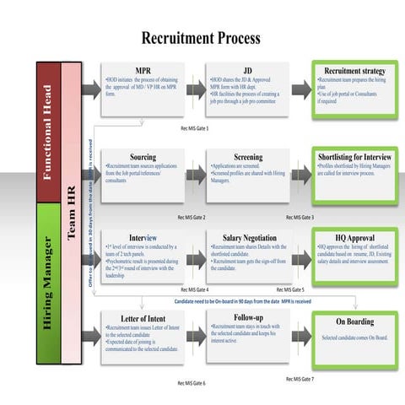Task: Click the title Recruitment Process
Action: coord(200,38)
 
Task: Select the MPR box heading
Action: coord(143,70)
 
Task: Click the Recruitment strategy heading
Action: coord(354,71)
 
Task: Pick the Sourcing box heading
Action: coord(143,157)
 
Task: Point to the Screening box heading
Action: coord(248,157)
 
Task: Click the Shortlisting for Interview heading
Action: coord(354,157)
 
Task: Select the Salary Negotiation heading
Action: coord(248,239)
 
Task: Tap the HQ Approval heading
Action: coord(354,239)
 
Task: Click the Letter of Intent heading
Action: coord(143,318)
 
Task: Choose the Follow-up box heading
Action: coord(248,318)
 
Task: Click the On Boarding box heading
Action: coord(354,321)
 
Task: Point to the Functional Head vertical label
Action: coord(50,131)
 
